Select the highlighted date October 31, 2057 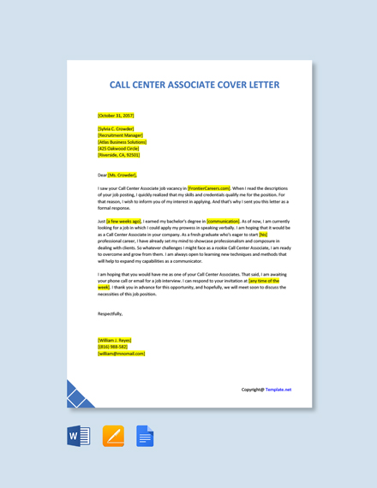[x=116, y=115]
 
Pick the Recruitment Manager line [x=121, y=135]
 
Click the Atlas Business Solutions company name [x=123, y=142]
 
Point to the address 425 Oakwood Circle [x=118, y=148]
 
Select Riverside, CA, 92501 [x=119, y=155]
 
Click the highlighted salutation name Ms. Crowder [x=123, y=175]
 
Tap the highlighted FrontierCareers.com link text [x=209, y=187]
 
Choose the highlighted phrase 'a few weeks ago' [x=124, y=220]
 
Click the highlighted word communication [x=224, y=220]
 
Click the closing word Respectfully [x=111, y=313]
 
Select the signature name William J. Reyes [x=115, y=340]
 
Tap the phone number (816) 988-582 [x=113, y=347]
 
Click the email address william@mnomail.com [x=122, y=353]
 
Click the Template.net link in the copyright [x=278, y=390]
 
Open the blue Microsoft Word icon [x=79, y=437]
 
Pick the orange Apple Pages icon [x=113, y=437]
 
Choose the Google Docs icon [x=145, y=437]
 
